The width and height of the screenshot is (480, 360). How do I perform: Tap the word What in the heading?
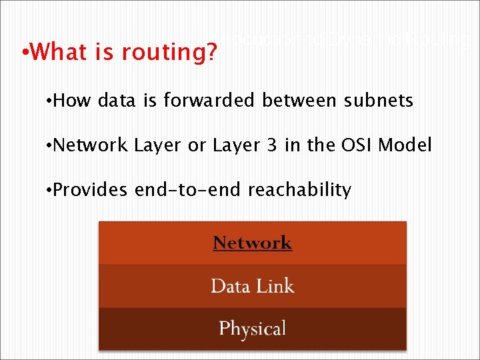54,51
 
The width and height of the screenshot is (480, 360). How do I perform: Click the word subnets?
379,101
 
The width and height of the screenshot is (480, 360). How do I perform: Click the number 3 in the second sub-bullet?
273,145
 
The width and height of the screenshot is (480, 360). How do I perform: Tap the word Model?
405,145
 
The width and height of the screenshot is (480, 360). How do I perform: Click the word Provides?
90,190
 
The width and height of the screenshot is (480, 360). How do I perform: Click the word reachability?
299,190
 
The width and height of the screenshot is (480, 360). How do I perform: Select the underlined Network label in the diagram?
252,243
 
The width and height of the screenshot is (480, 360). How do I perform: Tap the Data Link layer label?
252,286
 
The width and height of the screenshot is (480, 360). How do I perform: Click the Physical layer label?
252,328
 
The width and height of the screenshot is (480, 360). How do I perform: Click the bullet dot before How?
48,101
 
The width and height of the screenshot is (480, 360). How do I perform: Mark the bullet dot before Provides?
48,191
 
